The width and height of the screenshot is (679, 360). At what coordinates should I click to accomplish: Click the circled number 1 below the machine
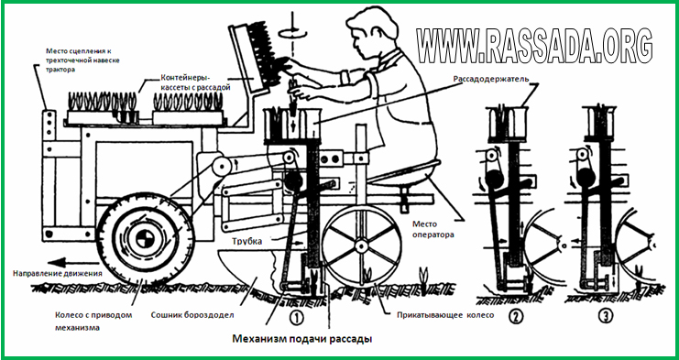(296, 319)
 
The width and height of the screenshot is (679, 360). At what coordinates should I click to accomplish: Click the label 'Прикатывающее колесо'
(445, 315)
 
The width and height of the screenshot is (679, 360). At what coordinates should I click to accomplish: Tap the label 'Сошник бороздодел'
(192, 315)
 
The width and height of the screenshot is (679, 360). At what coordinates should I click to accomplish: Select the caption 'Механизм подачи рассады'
(302, 339)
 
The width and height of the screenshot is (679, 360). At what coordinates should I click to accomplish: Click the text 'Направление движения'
(58, 274)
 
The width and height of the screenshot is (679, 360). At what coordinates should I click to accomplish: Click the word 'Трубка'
(246, 242)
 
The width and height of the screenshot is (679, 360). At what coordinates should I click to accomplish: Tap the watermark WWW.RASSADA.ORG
(534, 46)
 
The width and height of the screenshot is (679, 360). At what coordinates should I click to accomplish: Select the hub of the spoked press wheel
(361, 246)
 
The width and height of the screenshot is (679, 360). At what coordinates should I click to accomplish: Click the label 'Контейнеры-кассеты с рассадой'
(195, 83)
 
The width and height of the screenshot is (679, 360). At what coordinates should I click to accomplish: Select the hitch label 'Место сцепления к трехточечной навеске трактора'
(82, 60)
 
